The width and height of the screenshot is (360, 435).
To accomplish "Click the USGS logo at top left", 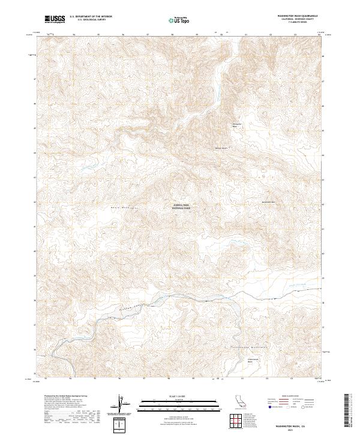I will coord(55,19).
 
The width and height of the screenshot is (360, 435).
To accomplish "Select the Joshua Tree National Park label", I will coord(181,206).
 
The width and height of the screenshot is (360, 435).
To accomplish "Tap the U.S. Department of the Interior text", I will coord(91,17).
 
